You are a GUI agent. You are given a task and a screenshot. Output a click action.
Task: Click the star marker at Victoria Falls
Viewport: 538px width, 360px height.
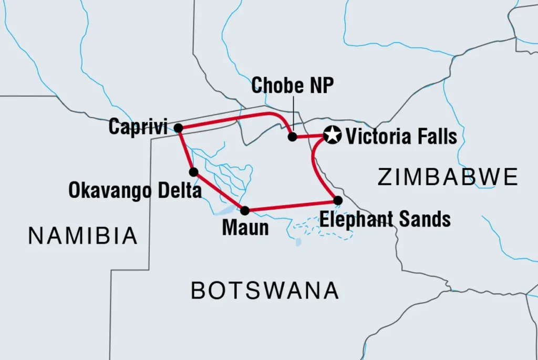click(332, 136)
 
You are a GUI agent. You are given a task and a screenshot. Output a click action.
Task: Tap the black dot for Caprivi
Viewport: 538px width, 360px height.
click(178, 128)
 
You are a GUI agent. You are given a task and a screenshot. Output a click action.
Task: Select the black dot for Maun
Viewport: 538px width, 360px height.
click(245, 211)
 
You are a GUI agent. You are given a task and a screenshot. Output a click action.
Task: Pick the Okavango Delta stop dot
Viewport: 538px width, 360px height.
click(193, 172)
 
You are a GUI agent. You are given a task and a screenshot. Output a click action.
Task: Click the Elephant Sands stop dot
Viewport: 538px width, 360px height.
click(338, 200)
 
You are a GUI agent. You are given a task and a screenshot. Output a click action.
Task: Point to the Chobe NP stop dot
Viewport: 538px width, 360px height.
click(293, 137)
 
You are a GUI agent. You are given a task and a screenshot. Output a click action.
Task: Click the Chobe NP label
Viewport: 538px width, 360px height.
click(292, 86)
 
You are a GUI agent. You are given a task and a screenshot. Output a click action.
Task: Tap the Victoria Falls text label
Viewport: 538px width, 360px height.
click(401, 137)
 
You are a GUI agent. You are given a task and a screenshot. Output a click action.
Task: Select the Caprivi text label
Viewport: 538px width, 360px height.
click(138, 127)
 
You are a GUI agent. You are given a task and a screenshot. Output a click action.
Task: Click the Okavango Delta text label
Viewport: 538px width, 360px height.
click(135, 190)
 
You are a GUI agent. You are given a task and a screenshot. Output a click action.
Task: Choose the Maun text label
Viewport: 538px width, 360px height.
click(245, 228)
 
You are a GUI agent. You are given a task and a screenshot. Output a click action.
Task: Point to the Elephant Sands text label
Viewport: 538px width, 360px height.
click(385, 219)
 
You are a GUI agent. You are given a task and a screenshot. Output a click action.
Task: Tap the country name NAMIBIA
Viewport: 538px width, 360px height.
click(83, 236)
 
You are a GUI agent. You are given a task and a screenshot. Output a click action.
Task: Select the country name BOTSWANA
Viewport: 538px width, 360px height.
click(264, 290)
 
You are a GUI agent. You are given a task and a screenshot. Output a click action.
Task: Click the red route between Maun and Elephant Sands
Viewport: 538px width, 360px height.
click(292, 205)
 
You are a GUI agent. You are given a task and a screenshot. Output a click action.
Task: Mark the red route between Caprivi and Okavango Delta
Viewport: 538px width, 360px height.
click(185, 150)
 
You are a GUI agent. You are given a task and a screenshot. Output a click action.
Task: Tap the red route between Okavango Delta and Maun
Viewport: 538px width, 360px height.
click(219, 192)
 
